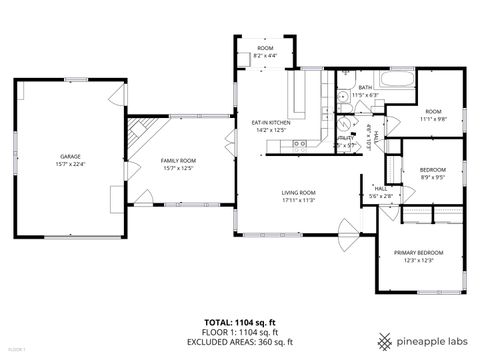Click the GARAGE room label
click(x=70, y=157)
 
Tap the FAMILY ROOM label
click(x=179, y=160)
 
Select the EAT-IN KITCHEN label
click(x=271, y=123)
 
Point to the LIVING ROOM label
click(x=298, y=192)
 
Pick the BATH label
click(x=365, y=88)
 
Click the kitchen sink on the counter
click(x=299, y=143)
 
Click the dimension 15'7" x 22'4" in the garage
click(x=70, y=165)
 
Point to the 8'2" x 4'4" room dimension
click(x=265, y=55)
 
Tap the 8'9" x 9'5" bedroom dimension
click(x=433, y=178)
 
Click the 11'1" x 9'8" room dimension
click(x=433, y=118)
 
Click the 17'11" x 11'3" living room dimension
click(x=298, y=200)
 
